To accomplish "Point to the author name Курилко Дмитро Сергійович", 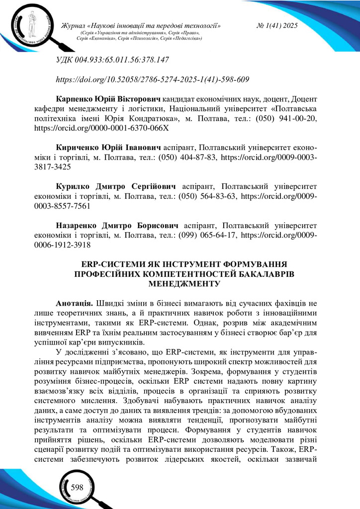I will (117, 186).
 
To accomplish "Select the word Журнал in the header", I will (72, 25).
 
